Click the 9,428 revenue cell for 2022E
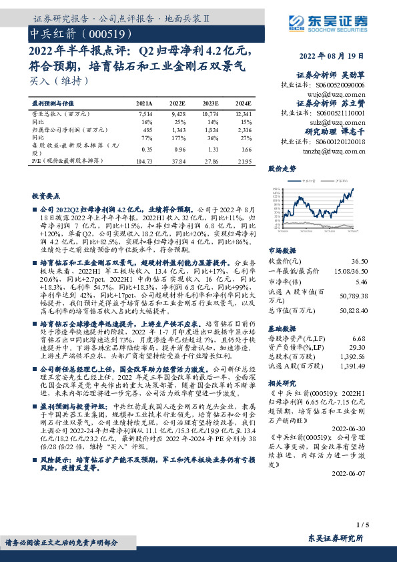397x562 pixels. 177,115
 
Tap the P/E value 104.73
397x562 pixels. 143,162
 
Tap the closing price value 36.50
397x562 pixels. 360,262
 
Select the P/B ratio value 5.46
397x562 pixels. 361,282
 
